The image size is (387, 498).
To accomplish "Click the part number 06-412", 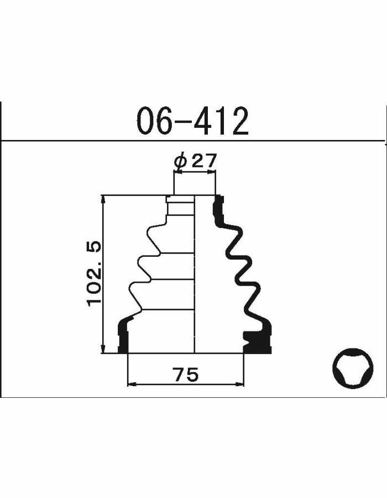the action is pyautogui.click(x=192, y=121).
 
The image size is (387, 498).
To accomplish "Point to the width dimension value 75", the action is pyautogui.click(x=186, y=374).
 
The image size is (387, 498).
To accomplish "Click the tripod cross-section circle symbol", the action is pyautogui.click(x=353, y=368).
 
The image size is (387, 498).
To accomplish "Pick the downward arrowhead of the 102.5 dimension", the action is pyautogui.click(x=103, y=348).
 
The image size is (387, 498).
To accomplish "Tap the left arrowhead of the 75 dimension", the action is pyautogui.click(x=132, y=385).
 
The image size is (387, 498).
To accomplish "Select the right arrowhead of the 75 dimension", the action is pyautogui.click(x=239, y=385).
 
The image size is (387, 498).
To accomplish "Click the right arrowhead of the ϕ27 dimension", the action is pyautogui.click(x=211, y=172).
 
